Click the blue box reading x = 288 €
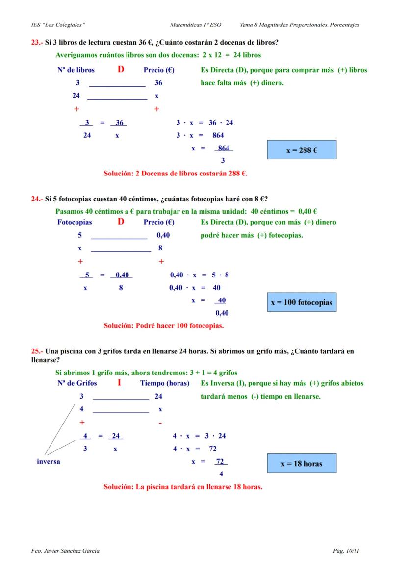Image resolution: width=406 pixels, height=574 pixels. point(302,150)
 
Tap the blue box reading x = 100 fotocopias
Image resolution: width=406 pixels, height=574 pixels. point(302,302)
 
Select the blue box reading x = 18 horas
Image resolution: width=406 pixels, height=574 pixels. point(302,463)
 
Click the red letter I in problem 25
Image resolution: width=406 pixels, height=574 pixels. point(119,382)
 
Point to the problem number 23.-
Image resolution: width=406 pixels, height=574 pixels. point(37,43)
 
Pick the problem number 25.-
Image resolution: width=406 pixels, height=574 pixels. point(37,351)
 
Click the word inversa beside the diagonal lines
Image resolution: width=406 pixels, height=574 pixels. point(49,462)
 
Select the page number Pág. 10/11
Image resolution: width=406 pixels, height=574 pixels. point(346,551)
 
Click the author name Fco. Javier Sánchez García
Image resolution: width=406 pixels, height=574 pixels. point(65,551)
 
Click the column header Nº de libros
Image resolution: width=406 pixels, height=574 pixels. point(76,70)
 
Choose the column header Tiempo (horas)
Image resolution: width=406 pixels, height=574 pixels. point(165,383)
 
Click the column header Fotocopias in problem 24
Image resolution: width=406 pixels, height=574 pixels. point(75,222)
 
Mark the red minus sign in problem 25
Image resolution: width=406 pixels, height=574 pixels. point(160,423)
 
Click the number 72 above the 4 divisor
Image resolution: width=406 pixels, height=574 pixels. point(221,462)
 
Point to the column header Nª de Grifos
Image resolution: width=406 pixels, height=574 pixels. point(77,383)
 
